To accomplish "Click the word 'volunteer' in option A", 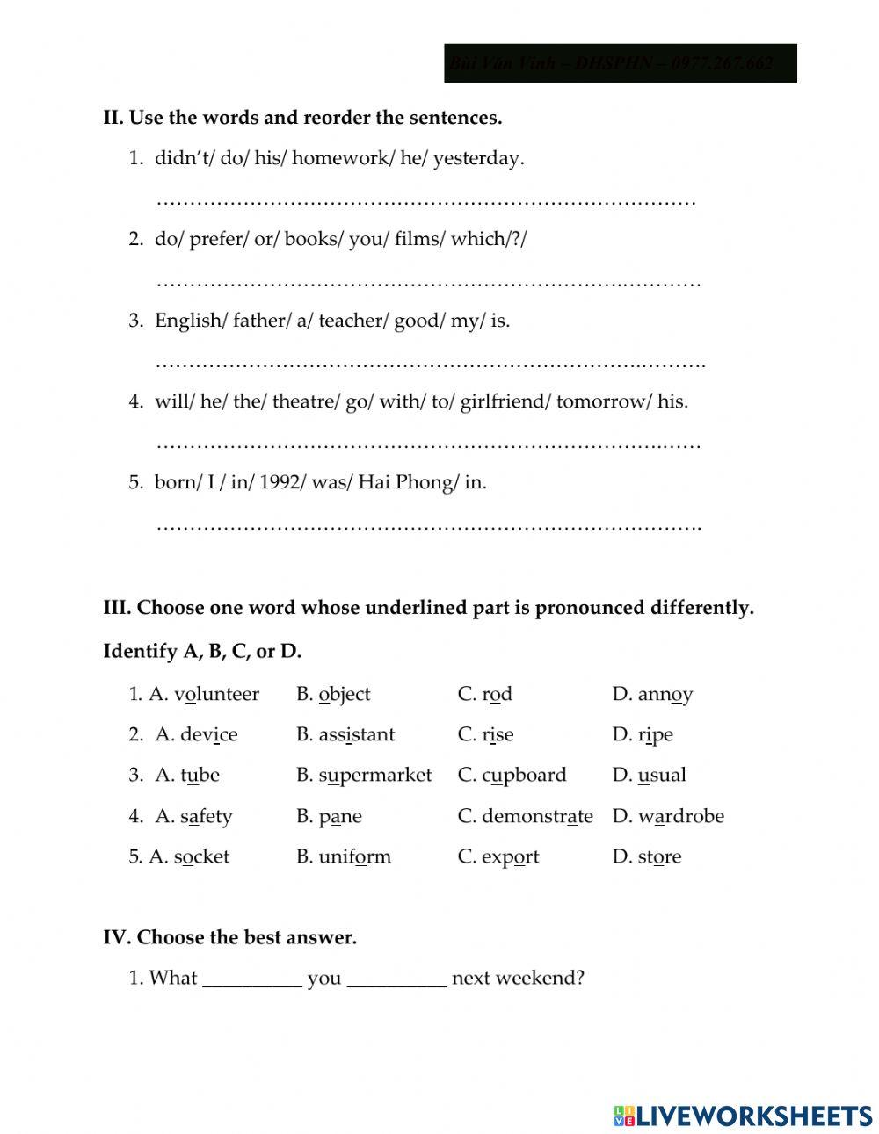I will [x=216, y=694].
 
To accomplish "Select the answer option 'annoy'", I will [x=665, y=695].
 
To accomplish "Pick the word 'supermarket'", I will [x=375, y=775].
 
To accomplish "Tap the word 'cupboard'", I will [x=524, y=775].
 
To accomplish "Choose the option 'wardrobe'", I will [x=680, y=816].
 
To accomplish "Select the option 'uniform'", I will [x=354, y=856].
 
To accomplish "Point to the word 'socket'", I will [x=201, y=856].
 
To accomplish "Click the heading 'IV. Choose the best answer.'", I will [x=229, y=937].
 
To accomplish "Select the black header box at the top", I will [x=620, y=63].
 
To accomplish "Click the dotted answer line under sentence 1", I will [x=426, y=202].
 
